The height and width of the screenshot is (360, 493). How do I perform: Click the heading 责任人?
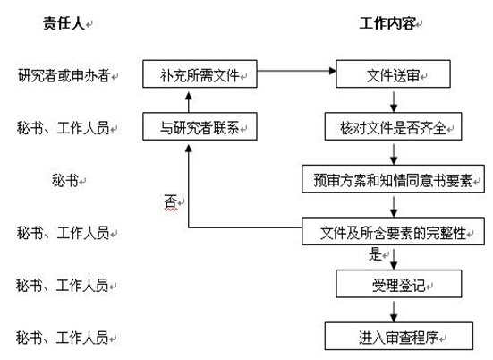(x=64, y=23)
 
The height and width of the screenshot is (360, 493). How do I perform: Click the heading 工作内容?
(x=387, y=23)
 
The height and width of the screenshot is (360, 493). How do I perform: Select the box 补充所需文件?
(x=200, y=74)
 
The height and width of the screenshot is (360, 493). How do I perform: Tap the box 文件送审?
(x=393, y=74)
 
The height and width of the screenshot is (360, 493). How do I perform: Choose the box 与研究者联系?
(x=200, y=126)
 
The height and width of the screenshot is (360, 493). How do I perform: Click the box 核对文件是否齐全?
(x=393, y=126)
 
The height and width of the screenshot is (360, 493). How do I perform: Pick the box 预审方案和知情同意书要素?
(x=393, y=179)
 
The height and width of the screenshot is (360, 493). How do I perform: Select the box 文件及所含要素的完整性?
(x=393, y=231)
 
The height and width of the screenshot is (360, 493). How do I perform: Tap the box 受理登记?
(x=399, y=284)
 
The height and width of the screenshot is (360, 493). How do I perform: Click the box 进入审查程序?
(x=399, y=337)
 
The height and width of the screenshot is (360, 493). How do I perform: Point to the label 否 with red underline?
(x=170, y=201)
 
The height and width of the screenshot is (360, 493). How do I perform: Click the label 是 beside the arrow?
(x=375, y=254)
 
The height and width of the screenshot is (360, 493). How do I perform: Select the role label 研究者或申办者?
(x=64, y=75)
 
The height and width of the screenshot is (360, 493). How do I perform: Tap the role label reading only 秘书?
(x=65, y=181)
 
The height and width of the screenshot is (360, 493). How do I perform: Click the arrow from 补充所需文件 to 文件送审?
(x=296, y=71)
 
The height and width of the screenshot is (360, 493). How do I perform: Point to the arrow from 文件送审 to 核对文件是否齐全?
(x=394, y=102)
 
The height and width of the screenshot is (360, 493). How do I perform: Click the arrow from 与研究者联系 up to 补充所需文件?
(x=188, y=102)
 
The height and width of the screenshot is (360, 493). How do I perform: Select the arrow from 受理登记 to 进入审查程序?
(x=394, y=312)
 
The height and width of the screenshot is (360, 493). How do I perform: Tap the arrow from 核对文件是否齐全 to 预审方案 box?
(x=394, y=155)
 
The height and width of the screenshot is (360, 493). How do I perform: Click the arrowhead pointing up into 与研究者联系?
(x=188, y=149)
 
